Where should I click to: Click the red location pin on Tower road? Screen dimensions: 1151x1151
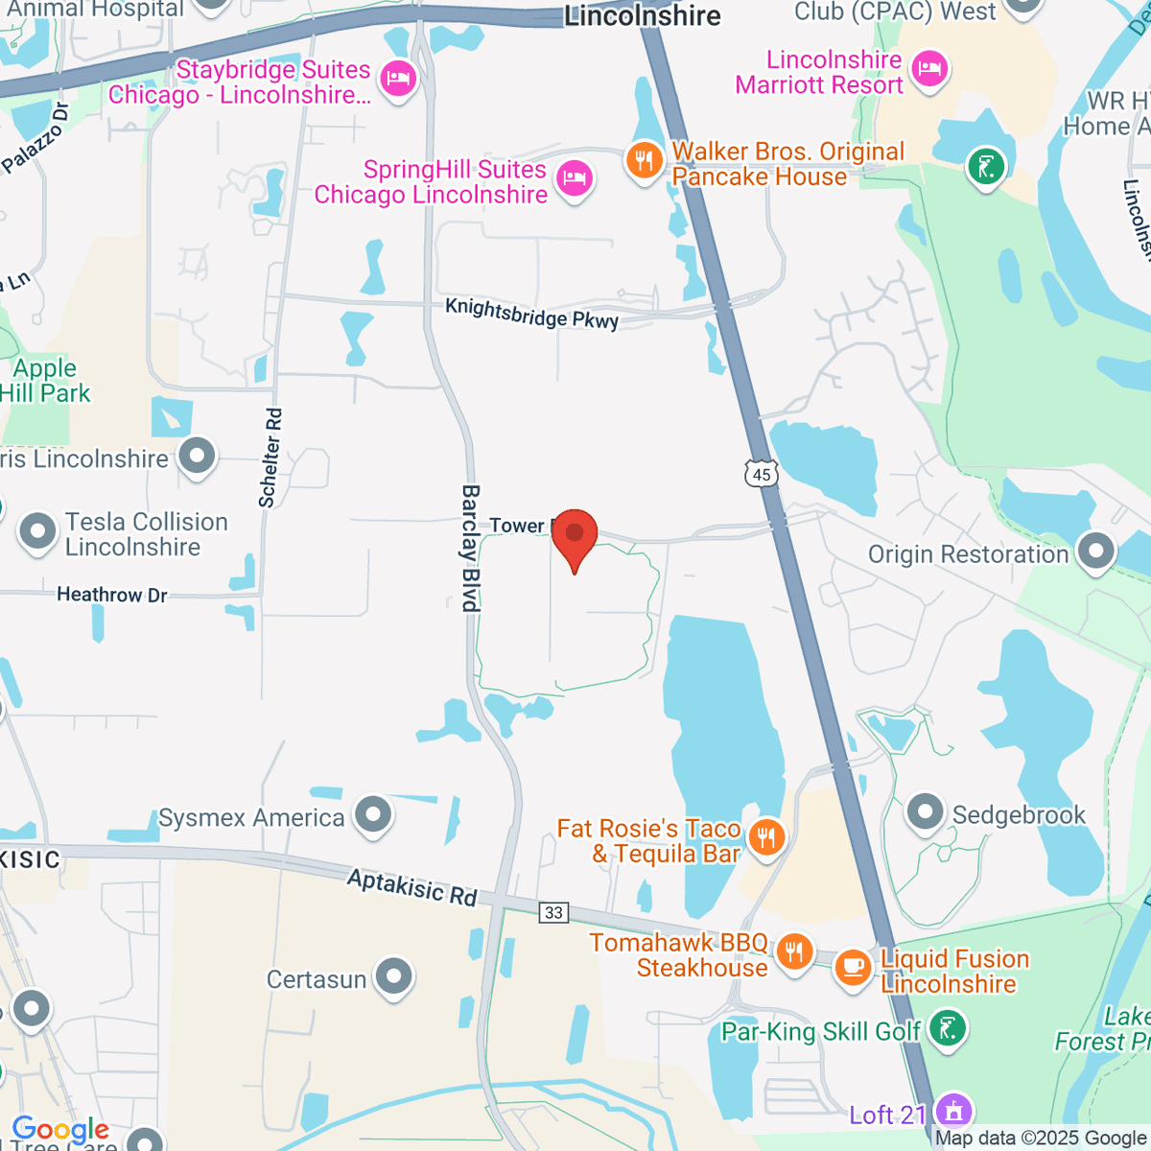pos(575,535)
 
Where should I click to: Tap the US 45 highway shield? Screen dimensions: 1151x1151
pos(762,473)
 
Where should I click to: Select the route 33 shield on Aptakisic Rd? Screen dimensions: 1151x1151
pos(553,912)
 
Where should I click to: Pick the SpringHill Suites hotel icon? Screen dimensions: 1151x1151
pos(575,177)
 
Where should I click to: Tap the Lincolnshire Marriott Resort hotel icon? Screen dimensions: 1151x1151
pos(928,68)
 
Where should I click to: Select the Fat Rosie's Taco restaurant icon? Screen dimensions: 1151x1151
pos(765,836)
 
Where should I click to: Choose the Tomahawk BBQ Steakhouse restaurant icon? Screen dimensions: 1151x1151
pos(793,952)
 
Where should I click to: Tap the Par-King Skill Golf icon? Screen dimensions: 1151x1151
pos(948,1029)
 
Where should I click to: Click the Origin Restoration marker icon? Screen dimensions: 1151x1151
pos(1095,552)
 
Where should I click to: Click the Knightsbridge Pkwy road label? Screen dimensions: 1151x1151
pos(532,314)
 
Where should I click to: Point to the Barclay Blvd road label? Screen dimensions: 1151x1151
pos(470,548)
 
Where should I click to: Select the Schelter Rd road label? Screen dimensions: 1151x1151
pos(271,458)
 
